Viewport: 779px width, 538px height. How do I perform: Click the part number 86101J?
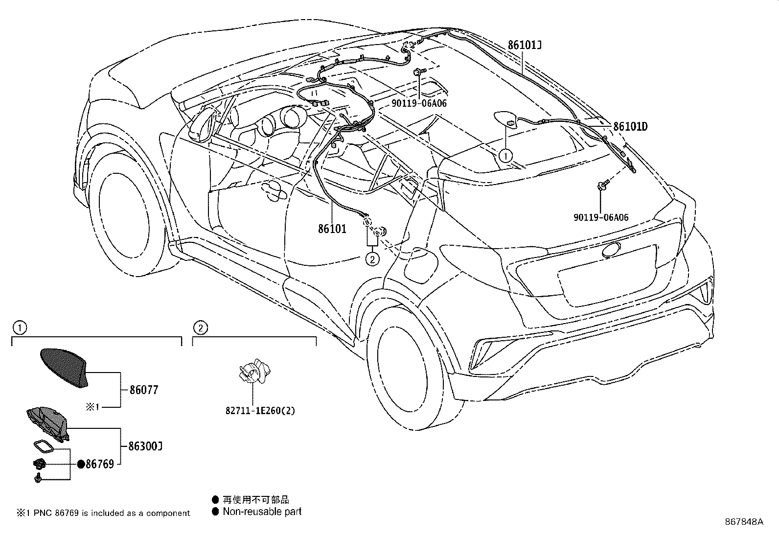(524, 45)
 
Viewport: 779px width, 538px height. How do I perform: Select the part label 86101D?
(630, 127)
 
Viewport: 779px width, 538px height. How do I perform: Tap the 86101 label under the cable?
(332, 229)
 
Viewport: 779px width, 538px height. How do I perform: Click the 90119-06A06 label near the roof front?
(419, 103)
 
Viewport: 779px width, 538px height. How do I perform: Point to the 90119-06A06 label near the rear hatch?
(601, 217)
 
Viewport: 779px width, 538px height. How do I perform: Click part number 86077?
(144, 390)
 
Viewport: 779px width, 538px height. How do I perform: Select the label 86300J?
(145, 446)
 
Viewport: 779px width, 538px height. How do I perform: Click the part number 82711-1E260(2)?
(260, 411)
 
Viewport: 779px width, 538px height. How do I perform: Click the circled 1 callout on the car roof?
(505, 156)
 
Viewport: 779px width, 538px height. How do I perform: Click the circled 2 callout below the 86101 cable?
(372, 258)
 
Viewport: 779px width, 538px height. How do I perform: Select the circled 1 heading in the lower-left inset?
(18, 327)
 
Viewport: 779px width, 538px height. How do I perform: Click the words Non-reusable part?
(262, 512)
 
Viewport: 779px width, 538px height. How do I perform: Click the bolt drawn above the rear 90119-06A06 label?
(603, 185)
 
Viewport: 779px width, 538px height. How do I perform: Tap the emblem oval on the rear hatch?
(612, 249)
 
